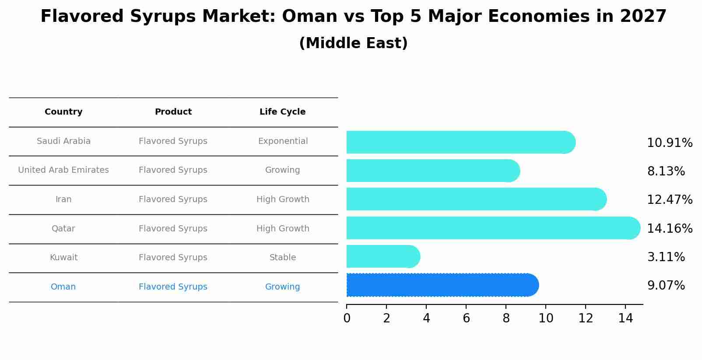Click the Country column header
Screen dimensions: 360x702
tap(63, 112)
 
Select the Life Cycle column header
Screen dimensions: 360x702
tap(282, 112)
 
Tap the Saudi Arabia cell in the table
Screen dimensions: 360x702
tap(63, 141)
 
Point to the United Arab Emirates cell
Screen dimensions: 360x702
tap(63, 170)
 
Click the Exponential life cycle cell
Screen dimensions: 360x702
tap(283, 141)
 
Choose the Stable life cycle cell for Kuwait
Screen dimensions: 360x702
tap(283, 258)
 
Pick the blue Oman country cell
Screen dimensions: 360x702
tap(63, 287)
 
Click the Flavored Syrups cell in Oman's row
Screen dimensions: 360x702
tap(173, 287)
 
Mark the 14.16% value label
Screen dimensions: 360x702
tap(670, 229)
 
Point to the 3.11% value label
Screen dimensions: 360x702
tap(666, 257)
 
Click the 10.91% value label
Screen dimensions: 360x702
tap(670, 143)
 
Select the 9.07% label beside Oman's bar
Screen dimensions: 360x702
tap(666, 286)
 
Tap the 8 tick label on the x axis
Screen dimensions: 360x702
tap(506, 318)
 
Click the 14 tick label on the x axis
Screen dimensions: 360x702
tap(625, 318)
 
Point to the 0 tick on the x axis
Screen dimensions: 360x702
tap(347, 318)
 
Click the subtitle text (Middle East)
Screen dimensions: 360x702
tap(353, 43)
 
